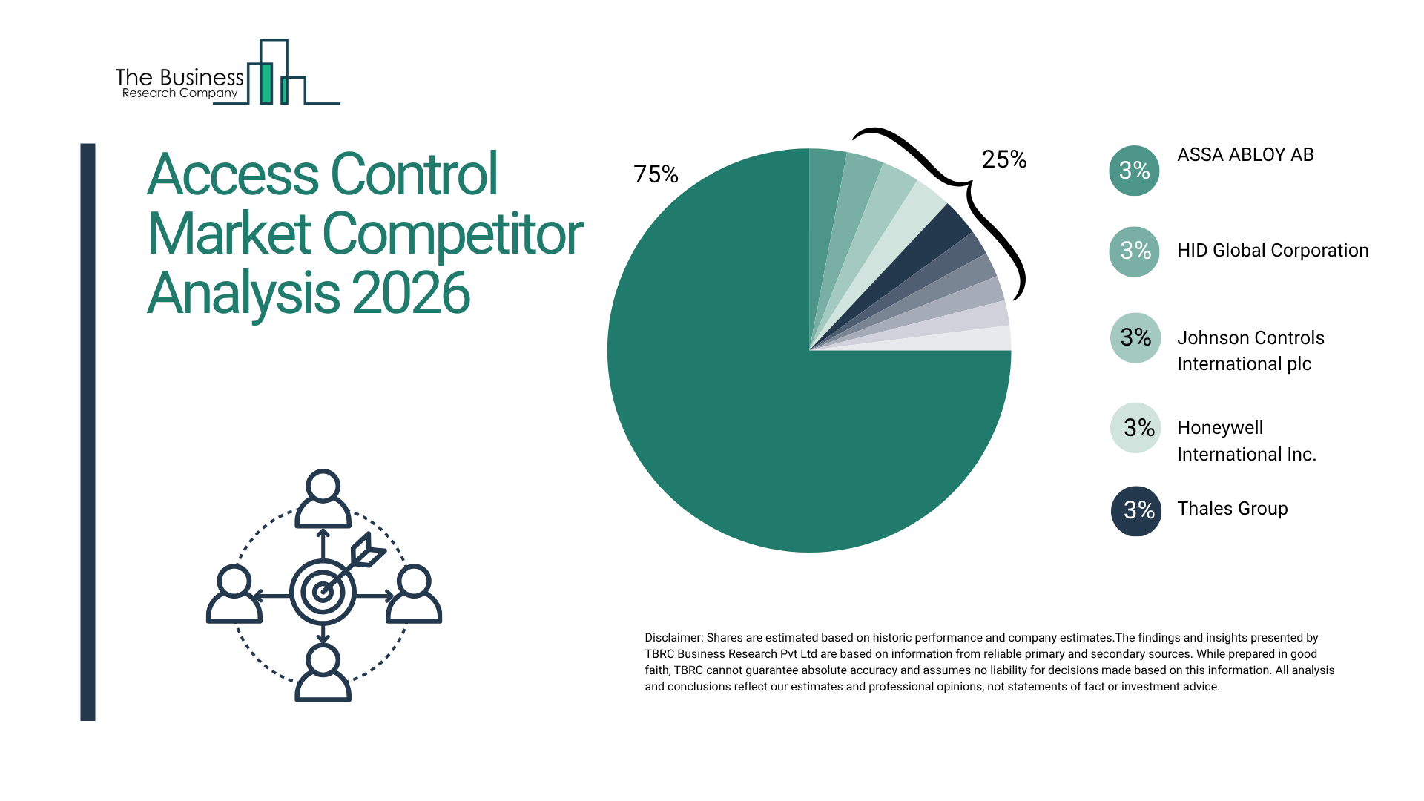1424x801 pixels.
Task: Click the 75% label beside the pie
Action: point(656,174)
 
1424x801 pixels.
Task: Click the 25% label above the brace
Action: point(1003,159)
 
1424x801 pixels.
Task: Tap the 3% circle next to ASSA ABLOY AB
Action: point(1134,171)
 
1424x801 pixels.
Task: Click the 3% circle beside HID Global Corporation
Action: point(1134,251)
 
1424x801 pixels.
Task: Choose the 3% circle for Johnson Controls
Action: point(1135,338)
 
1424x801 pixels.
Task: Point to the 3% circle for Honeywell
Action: point(1135,428)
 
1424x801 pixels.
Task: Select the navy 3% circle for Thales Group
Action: point(1135,510)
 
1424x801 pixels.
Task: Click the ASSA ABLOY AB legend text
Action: point(1245,155)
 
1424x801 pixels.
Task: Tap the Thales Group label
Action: point(1232,509)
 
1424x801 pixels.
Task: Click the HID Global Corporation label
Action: point(1273,251)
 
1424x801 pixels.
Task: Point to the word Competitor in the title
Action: point(452,234)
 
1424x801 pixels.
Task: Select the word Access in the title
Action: point(233,175)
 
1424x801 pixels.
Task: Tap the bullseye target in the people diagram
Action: point(323,592)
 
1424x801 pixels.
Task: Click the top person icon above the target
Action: point(323,498)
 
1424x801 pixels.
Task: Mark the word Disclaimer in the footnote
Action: point(673,638)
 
